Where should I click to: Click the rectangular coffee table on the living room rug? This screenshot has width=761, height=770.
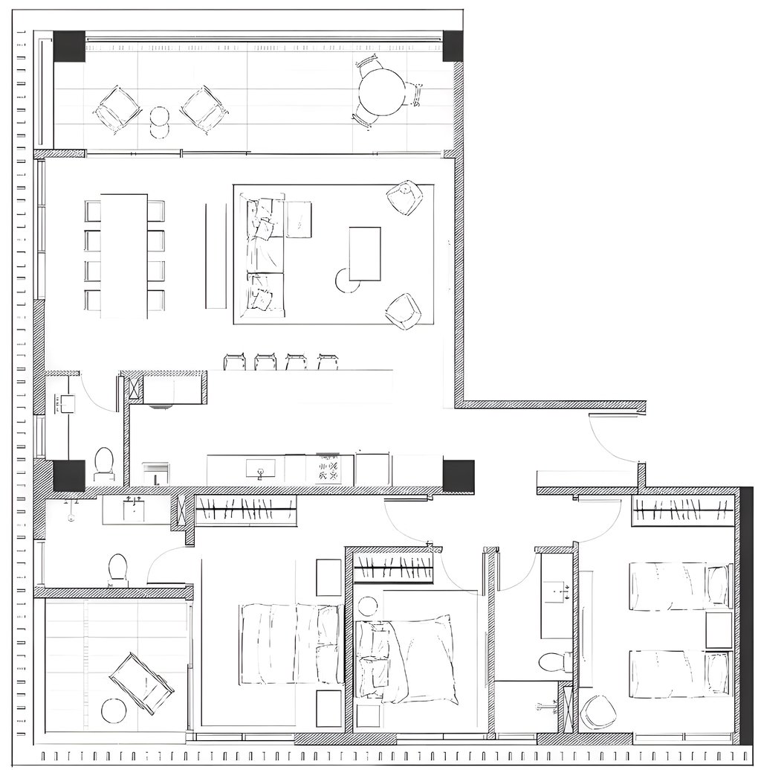365,254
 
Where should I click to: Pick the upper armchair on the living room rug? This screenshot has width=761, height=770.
405,197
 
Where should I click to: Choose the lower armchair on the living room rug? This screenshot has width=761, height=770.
403,311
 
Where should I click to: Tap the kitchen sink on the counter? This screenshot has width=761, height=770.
260,469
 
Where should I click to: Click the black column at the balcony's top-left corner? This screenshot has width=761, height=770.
69,46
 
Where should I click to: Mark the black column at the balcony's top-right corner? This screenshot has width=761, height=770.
453,46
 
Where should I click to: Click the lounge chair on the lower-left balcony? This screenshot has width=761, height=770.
141,683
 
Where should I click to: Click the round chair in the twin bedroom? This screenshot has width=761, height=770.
598,712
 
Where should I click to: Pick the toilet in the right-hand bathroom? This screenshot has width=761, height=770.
553,661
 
